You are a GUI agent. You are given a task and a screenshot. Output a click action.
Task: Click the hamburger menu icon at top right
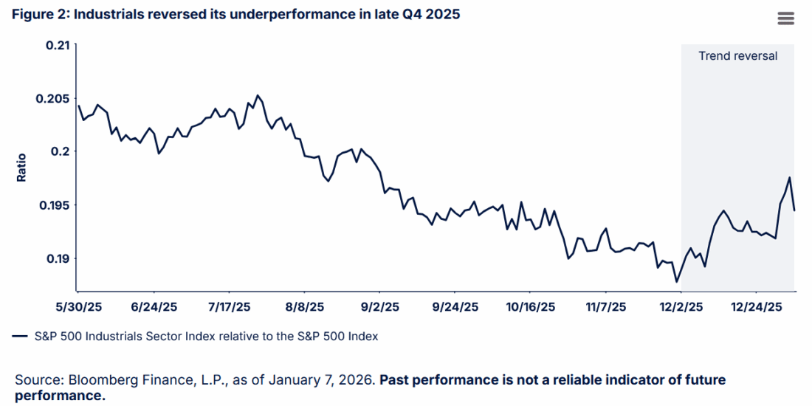tap(785, 18)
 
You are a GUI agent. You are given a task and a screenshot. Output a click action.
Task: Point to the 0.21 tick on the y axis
tap(57, 45)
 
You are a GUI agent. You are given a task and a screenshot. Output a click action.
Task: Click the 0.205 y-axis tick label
tap(53, 99)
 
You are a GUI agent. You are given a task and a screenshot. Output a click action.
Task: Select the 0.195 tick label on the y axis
tap(53, 205)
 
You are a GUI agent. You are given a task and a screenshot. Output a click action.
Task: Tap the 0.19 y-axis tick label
tap(57, 258)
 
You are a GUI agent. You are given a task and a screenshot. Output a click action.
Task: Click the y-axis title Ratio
tap(21, 168)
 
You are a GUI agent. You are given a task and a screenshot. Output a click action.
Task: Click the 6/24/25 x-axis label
tap(154, 306)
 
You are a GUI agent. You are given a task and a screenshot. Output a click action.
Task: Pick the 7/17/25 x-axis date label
tap(229, 306)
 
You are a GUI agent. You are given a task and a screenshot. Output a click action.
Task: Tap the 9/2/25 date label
tap(379, 306)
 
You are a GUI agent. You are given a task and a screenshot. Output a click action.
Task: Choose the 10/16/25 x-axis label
tap(530, 306)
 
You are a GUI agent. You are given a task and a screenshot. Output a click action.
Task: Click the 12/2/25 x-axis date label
tap(680, 306)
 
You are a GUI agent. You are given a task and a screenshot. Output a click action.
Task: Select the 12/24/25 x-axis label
tap(755, 306)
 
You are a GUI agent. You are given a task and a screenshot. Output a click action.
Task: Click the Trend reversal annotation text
tap(737, 56)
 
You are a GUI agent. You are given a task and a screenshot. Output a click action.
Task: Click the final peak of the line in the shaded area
tap(790, 177)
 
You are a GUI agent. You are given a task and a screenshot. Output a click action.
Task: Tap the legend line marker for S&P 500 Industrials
tap(20, 337)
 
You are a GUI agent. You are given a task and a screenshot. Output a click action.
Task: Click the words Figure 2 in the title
tap(38, 15)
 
